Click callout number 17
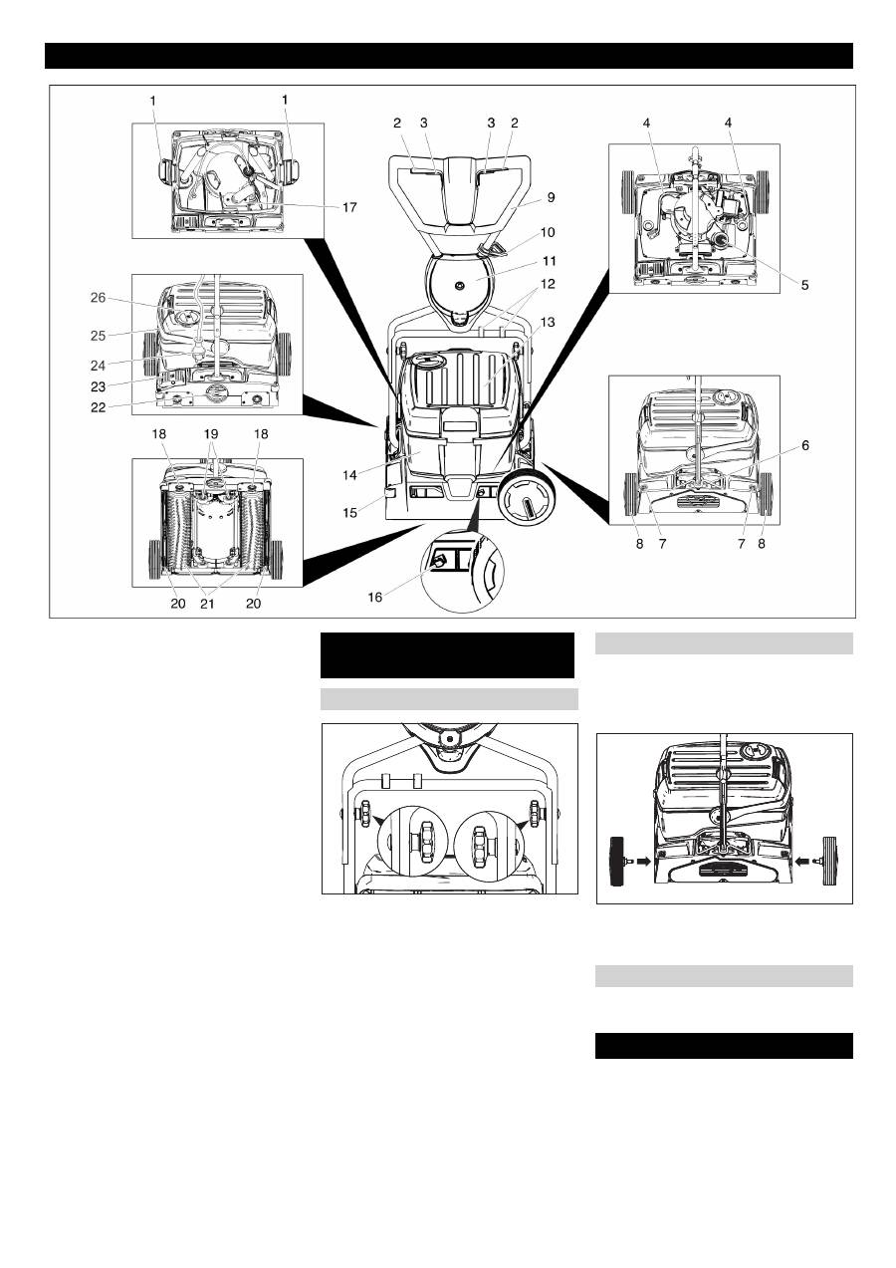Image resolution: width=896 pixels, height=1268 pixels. pyautogui.click(x=349, y=208)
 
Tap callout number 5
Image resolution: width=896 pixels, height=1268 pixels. pyautogui.click(x=805, y=285)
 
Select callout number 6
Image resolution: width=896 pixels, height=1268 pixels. pyautogui.click(x=805, y=445)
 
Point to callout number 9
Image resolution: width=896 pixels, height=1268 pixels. pyautogui.click(x=551, y=197)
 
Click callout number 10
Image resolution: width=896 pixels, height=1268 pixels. pyautogui.click(x=548, y=232)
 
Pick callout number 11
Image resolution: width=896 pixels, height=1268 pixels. pyautogui.click(x=549, y=261)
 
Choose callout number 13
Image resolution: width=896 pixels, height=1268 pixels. pyautogui.click(x=548, y=322)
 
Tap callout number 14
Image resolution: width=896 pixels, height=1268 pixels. pyautogui.click(x=349, y=475)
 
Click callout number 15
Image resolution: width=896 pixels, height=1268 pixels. pyautogui.click(x=349, y=512)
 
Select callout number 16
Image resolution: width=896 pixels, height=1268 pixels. pyautogui.click(x=375, y=597)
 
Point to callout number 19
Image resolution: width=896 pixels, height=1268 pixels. pyautogui.click(x=210, y=434)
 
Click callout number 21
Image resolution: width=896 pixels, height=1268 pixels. pyautogui.click(x=208, y=604)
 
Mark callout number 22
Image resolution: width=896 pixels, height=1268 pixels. pyautogui.click(x=98, y=407)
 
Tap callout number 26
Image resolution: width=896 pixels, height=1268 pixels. pyautogui.click(x=98, y=298)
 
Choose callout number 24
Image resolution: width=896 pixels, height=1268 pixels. pyautogui.click(x=98, y=366)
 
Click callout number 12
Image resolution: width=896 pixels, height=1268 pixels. pyautogui.click(x=548, y=284)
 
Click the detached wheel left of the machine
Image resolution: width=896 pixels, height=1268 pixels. pyautogui.click(x=617, y=861)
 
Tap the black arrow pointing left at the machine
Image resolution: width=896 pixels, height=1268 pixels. pyautogui.click(x=803, y=861)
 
